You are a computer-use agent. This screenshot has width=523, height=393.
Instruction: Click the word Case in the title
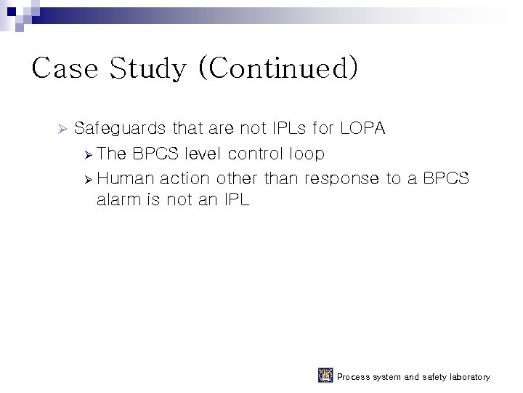[x=65, y=69]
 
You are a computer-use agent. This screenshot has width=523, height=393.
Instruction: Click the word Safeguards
[x=121, y=130]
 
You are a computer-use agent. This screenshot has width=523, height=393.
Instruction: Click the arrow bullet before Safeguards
[x=62, y=130]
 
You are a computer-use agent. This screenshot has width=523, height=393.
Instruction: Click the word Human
[x=125, y=178]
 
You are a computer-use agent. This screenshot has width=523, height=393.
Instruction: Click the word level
[x=205, y=154]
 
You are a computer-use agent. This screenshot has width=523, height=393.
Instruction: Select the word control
[x=256, y=154]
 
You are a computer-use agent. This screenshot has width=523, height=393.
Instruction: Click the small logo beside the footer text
[x=325, y=376]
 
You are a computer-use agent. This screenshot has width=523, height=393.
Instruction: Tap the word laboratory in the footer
[x=466, y=377]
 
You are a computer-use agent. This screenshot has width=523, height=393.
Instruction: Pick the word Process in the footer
[x=354, y=377]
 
